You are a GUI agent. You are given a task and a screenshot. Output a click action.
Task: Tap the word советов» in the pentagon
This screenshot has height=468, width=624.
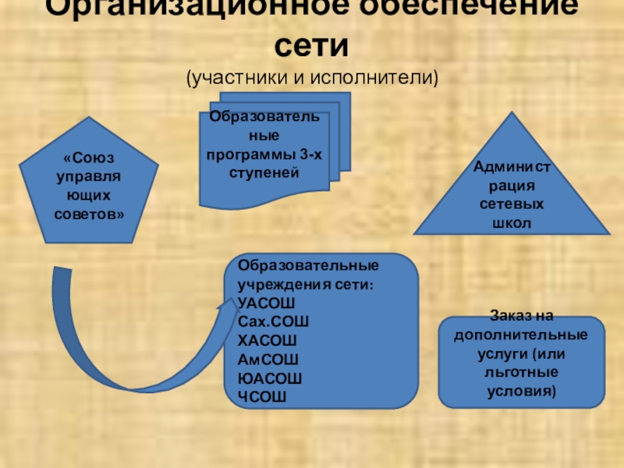pos(89,213)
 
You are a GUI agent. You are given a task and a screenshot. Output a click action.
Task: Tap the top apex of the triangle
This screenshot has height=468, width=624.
pos(511,113)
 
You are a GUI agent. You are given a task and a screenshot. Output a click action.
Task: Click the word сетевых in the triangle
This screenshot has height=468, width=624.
pos(510,205)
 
